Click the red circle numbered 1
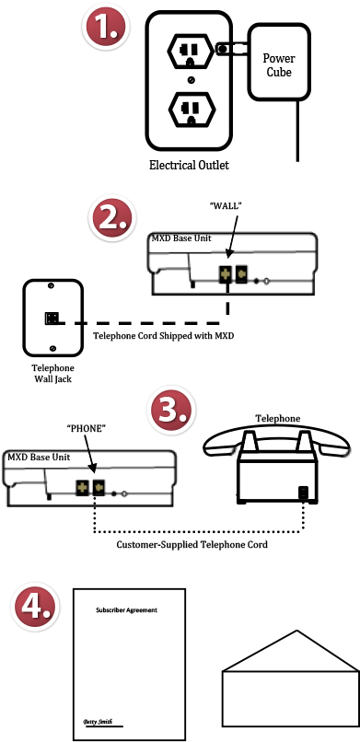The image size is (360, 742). [x=106, y=27]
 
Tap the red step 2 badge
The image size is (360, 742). [x=112, y=219]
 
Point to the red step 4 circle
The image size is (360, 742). [x=35, y=607]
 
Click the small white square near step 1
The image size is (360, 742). [x=238, y=49]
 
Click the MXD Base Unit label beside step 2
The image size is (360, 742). [x=181, y=238]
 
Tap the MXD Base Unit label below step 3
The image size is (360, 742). [x=38, y=458]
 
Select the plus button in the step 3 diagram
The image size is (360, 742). [x=82, y=488]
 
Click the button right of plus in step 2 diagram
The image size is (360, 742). [x=242, y=273]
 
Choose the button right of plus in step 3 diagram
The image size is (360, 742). [x=99, y=487]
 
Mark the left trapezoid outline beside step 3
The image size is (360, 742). [x=249, y=442]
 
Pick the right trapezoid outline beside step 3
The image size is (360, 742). [x=305, y=442]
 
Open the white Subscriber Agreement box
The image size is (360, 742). [x=121, y=609]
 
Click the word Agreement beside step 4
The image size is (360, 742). [x=142, y=609]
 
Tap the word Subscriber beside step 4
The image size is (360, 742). [x=110, y=609]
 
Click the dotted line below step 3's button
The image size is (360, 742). [x=95, y=505]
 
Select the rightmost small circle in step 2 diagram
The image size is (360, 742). [x=266, y=281]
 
